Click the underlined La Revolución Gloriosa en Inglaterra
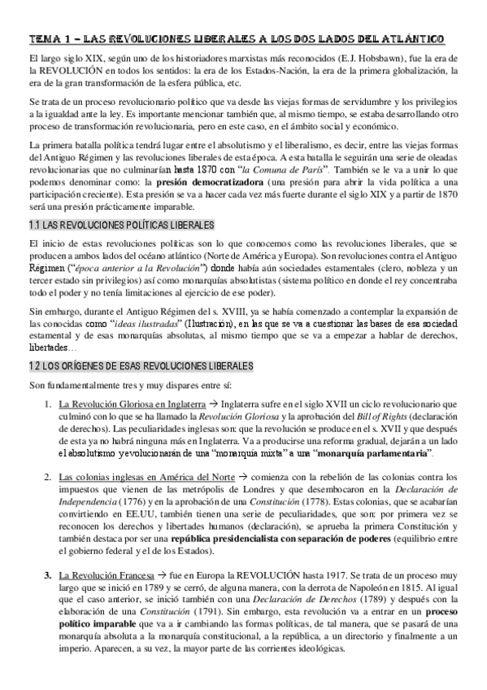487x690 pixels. point(128,402)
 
